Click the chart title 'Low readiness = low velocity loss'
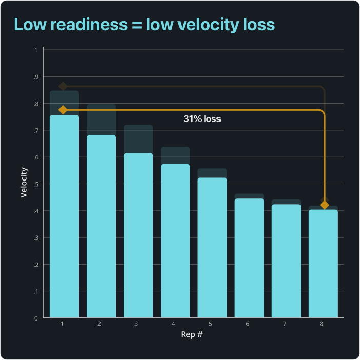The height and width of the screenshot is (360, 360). [144, 24]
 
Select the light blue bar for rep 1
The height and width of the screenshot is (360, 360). [64, 216]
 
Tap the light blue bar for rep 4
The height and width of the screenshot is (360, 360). [175, 241]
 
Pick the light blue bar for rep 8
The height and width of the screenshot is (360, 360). [323, 263]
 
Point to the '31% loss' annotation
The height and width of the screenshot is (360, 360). [202, 118]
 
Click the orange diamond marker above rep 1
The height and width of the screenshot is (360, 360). [63, 110]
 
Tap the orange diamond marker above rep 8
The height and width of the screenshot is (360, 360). [324, 205]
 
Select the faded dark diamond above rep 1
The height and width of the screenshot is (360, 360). [63, 86]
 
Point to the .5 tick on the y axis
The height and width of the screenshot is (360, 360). [35, 184]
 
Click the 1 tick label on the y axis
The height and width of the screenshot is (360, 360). [36, 50]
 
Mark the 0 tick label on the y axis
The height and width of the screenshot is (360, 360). [36, 318]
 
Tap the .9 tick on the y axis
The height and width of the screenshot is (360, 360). [35, 77]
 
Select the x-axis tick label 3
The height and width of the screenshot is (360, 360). [136, 324]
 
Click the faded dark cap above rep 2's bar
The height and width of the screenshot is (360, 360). [101, 119]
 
